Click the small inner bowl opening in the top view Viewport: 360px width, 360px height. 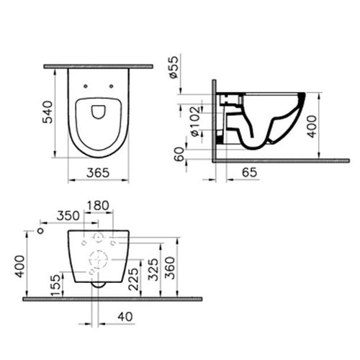99,111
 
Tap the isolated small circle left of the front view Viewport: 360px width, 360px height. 41,232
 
